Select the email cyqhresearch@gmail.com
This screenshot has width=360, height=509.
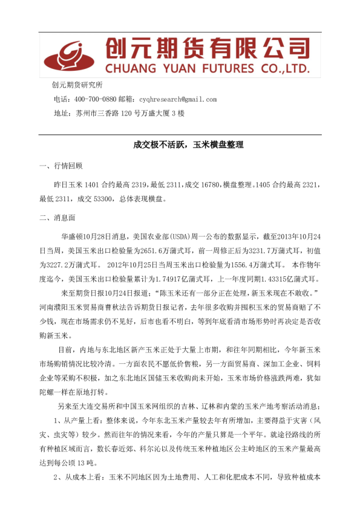177,99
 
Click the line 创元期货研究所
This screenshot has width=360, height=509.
77,85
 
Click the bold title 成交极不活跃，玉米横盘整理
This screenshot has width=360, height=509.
179,145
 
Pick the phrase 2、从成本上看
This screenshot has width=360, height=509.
76,477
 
